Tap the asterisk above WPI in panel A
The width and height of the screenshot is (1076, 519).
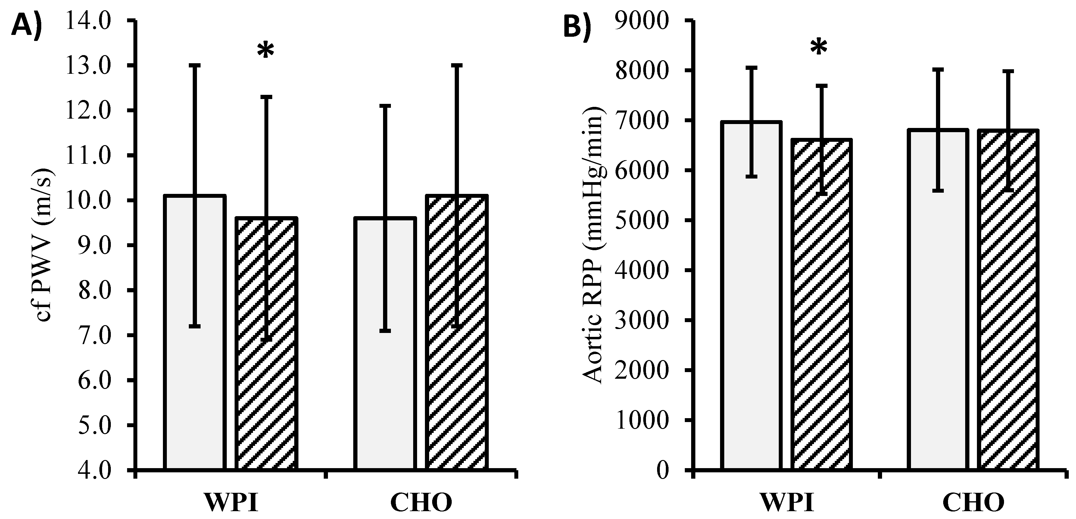pyautogui.click(x=266, y=51)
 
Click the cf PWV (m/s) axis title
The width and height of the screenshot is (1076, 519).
pyautogui.click(x=44, y=245)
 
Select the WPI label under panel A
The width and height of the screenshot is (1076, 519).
pyautogui.click(x=231, y=503)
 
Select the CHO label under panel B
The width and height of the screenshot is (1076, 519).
pyautogui.click(x=973, y=503)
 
